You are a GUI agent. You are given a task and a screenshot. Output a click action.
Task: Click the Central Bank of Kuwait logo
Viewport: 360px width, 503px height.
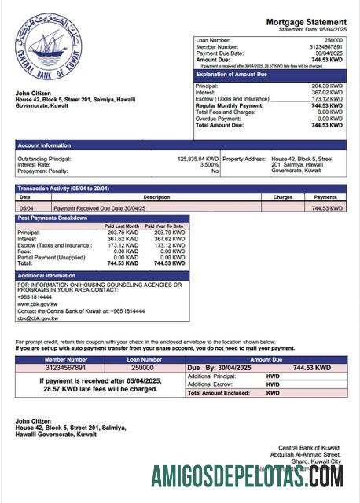pos(48,46)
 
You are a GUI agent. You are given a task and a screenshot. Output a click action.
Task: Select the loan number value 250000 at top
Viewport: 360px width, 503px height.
pos(333,39)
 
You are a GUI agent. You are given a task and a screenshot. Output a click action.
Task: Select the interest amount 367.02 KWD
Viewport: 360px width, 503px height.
pos(327,92)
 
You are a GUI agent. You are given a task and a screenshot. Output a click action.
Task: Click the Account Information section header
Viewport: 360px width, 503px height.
pos(44,145)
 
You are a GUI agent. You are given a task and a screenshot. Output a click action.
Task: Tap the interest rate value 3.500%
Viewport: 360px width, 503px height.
pos(209,164)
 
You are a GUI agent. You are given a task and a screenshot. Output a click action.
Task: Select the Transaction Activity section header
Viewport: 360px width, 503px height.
pos(63,189)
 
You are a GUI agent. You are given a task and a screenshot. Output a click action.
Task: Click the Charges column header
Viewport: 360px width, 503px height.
pos(282,197)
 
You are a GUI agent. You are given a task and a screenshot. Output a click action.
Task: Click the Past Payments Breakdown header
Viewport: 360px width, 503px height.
pos(53,218)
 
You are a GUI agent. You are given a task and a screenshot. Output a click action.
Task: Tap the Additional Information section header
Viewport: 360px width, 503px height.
pos(46,275)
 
